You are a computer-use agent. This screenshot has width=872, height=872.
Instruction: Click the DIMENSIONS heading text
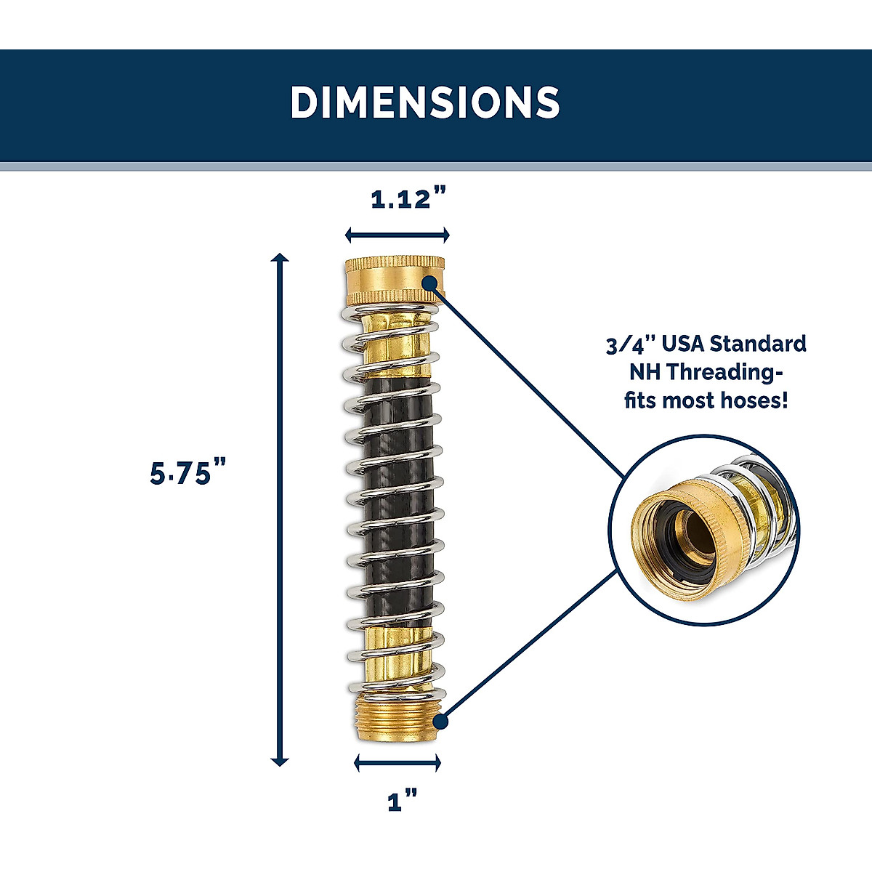click(425, 102)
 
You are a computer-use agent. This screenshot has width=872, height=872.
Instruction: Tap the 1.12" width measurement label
click(408, 198)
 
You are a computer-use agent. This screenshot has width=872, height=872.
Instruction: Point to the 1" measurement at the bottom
click(403, 802)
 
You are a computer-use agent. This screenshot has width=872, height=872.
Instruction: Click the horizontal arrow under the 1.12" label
click(397, 234)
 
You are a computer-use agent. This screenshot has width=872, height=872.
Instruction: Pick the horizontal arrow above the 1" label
click(397, 762)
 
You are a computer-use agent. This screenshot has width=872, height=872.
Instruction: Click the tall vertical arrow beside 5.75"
click(279, 509)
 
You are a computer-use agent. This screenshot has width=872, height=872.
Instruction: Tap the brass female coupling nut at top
click(393, 280)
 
